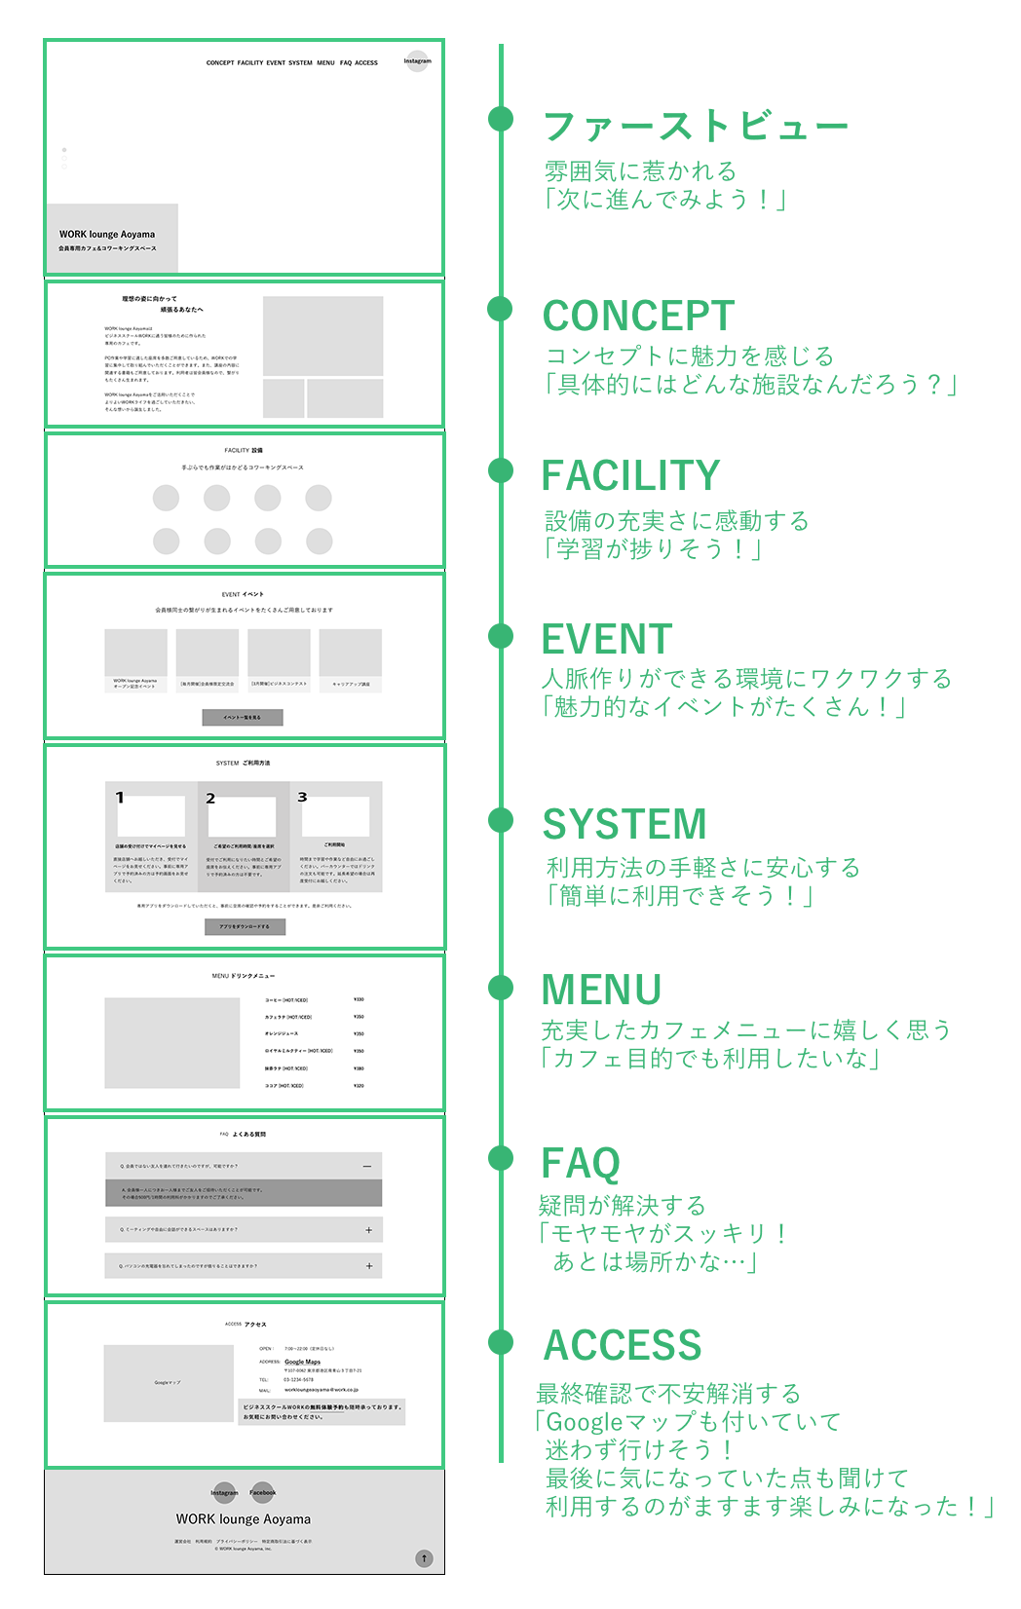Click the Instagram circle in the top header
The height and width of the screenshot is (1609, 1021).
coord(417,61)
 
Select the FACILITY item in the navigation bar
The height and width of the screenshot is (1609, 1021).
coord(250,63)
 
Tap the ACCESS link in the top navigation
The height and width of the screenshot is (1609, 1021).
coord(366,63)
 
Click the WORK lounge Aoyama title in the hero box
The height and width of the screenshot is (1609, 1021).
coord(107,235)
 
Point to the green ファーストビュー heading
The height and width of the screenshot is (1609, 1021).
coord(695,127)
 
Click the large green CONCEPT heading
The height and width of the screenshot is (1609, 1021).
coord(638,316)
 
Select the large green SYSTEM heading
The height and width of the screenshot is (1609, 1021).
coord(624,824)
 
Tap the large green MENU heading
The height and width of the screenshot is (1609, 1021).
coord(601,990)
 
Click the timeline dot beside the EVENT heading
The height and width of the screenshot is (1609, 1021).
coord(501,636)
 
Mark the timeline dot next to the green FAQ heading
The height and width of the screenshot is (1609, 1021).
coord(501,1158)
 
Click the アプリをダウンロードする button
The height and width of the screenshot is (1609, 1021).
coord(245,926)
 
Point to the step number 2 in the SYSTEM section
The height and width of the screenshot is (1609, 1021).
coord(210,799)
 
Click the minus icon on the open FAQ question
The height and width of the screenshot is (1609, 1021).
coord(367,1166)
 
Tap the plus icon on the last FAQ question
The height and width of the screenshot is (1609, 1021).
coord(369,1266)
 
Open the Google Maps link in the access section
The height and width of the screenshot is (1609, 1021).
coord(302,1362)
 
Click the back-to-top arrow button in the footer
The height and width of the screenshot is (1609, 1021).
coord(424,1558)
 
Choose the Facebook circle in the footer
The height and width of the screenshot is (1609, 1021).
coord(262,1492)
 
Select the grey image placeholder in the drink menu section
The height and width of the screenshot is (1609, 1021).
coord(172,1043)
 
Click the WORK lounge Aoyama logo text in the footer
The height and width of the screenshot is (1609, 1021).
coord(244,1519)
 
